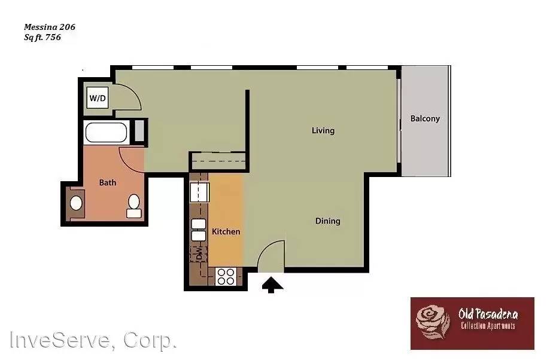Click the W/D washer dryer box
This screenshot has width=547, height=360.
click(x=98, y=97)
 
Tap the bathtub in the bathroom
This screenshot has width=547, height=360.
click(x=106, y=132)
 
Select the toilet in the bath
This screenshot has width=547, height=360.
click(x=133, y=205)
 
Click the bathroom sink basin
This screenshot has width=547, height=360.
click(x=76, y=203)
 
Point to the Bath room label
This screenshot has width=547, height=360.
click(x=108, y=183)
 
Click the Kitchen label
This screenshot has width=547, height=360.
click(x=226, y=231)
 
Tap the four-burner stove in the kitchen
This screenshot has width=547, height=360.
click(x=226, y=276)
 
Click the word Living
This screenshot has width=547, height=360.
click(x=323, y=130)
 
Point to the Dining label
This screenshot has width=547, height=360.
click(x=327, y=221)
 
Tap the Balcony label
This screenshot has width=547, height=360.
click(x=425, y=118)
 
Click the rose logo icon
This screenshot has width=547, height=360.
click(x=433, y=321)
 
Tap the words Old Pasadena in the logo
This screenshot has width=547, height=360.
click(x=488, y=314)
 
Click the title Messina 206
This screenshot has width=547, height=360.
click(x=49, y=27)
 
